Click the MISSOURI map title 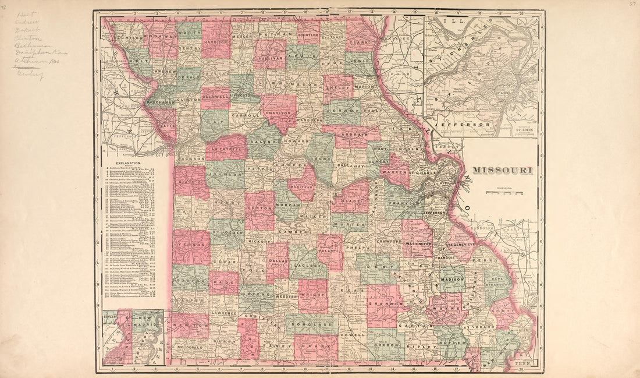point(502,170)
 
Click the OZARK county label point(316,346)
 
